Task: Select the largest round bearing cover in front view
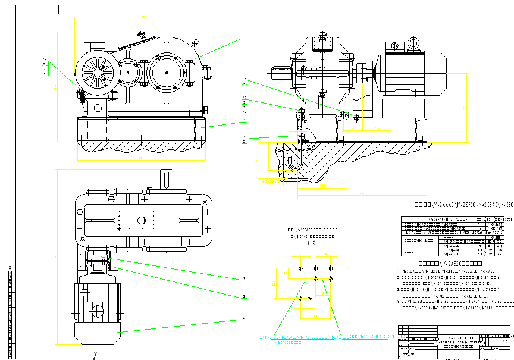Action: point(167,71)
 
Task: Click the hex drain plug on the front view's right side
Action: point(206,109)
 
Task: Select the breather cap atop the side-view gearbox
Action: point(323,35)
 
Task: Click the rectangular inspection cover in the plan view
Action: point(137,220)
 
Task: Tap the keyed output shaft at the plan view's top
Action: point(167,178)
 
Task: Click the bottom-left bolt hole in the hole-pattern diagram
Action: point(301,298)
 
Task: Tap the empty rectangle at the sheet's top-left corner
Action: point(37,10)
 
